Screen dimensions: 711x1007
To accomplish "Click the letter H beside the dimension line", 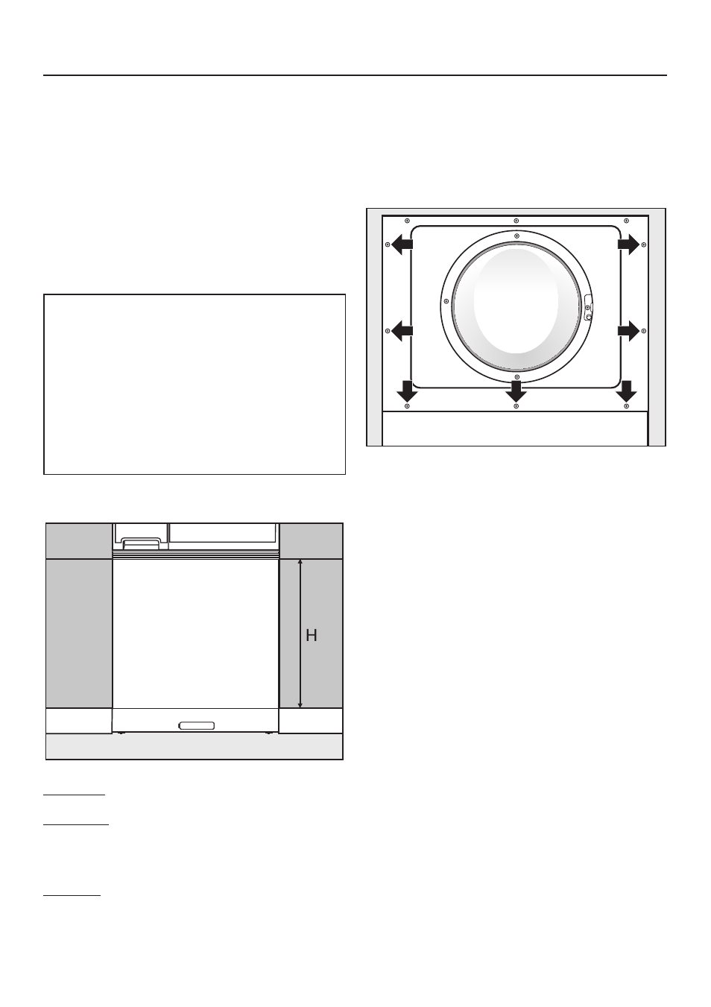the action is [x=311, y=635].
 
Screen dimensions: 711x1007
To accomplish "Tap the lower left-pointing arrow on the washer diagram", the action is [x=402, y=331].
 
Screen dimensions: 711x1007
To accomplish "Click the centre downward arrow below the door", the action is [x=516, y=391].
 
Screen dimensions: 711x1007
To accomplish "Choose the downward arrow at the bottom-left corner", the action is [x=407, y=391].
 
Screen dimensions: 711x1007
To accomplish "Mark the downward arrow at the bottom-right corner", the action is [x=626, y=391].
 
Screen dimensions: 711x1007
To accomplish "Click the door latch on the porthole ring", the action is [x=588, y=309].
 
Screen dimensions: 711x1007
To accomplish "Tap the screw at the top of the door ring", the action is [x=516, y=236].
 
